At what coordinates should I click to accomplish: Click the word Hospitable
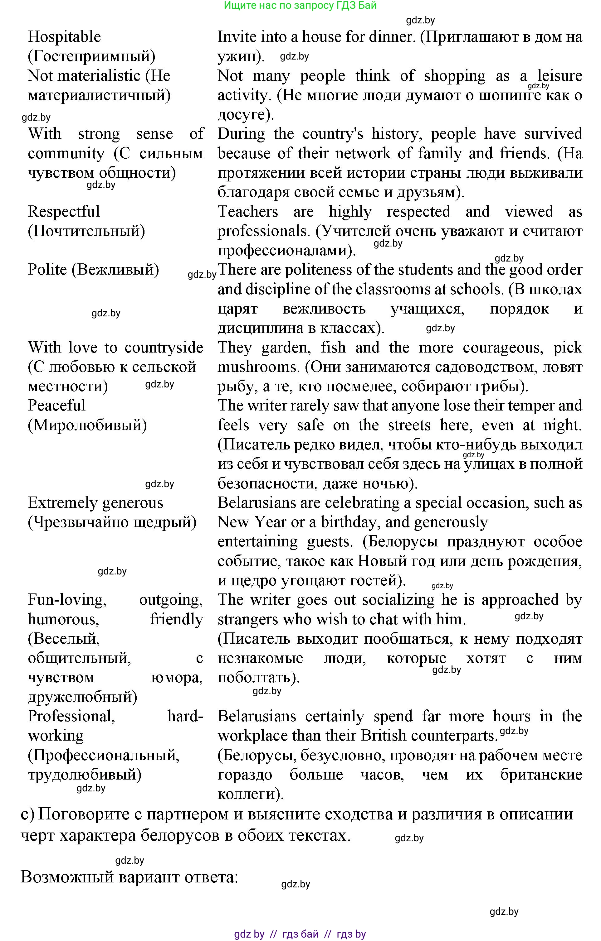point(64,37)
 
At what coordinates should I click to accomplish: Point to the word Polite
point(47,270)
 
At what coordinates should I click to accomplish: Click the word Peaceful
point(56,406)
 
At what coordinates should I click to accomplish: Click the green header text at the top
point(300,6)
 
